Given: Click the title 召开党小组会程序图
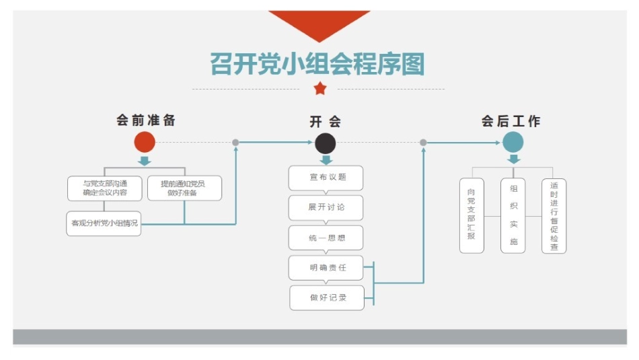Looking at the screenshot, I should pyautogui.click(x=317, y=65).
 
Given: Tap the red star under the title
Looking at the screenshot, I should pyautogui.click(x=320, y=88).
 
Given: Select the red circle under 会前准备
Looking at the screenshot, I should pyautogui.click(x=145, y=142).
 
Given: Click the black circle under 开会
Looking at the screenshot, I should pyautogui.click(x=326, y=143).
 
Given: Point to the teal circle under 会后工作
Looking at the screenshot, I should pyautogui.click(x=513, y=142).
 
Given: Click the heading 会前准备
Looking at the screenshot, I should pyautogui.click(x=146, y=120).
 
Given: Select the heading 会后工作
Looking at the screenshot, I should pyautogui.click(x=511, y=121).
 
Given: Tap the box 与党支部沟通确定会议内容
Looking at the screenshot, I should pyautogui.click(x=105, y=188).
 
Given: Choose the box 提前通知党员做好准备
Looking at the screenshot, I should pyautogui.click(x=184, y=188).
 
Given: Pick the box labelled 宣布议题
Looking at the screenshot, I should pyautogui.click(x=326, y=178).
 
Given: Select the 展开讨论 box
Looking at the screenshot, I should pyautogui.click(x=326, y=207).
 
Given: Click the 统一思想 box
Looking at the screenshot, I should pyautogui.click(x=326, y=238).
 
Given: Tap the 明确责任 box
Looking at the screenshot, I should pyautogui.click(x=326, y=267).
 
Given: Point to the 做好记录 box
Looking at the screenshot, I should pyautogui.click(x=327, y=297).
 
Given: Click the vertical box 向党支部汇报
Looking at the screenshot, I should pyautogui.click(x=472, y=215).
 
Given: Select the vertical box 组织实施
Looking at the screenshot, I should pyautogui.click(x=513, y=215).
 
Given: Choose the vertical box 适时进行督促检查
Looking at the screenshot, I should pyautogui.click(x=554, y=215).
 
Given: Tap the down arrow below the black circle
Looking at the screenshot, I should pyautogui.click(x=326, y=160).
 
